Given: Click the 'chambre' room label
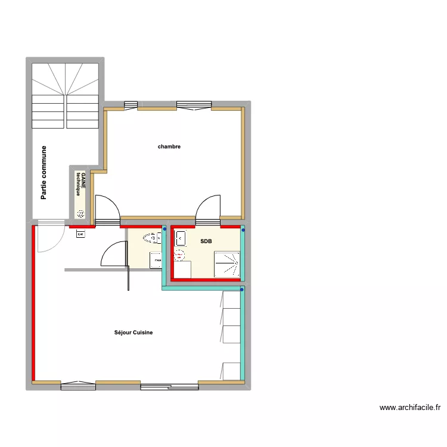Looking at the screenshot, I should (x=169, y=147).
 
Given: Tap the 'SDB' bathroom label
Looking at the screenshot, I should (x=206, y=241).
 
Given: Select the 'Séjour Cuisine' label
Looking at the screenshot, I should (x=134, y=333).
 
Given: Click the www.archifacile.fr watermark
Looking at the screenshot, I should (x=411, y=408).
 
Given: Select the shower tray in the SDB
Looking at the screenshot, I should (x=226, y=264).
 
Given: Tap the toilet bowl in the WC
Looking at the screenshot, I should (x=151, y=238).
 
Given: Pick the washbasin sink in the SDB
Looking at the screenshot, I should (x=181, y=239).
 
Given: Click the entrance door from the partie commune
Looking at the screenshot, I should (x=49, y=238).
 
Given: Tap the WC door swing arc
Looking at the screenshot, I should (x=113, y=254).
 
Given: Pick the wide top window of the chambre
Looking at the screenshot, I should (x=194, y=105).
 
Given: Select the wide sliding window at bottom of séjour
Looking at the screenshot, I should (x=169, y=386).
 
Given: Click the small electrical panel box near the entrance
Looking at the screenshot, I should (x=80, y=234).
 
